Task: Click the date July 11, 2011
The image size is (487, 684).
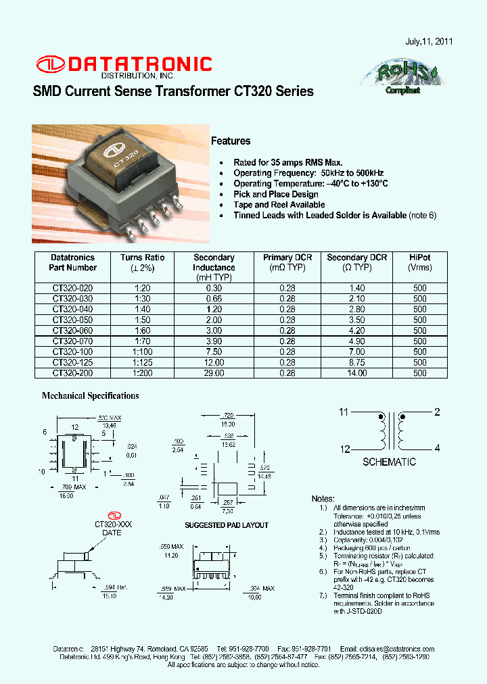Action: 428,41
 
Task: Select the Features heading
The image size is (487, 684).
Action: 231,141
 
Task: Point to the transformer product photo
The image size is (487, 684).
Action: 118,184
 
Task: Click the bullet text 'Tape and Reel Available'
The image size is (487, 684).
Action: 279,205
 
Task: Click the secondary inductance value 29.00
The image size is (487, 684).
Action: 214,373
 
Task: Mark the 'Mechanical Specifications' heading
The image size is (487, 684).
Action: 91,396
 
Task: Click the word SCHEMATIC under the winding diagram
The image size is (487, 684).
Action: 389,462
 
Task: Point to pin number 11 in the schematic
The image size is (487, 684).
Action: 344,412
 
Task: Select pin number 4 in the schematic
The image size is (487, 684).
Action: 437,448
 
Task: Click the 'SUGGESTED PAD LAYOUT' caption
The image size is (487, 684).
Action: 227,525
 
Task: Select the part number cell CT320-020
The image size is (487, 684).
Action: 73,288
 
